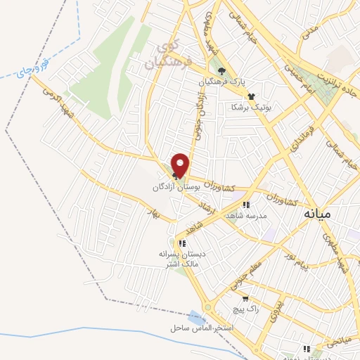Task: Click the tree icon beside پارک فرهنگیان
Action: (222, 71)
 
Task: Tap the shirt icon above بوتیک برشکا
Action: (251, 96)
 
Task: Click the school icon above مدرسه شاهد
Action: (246, 205)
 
